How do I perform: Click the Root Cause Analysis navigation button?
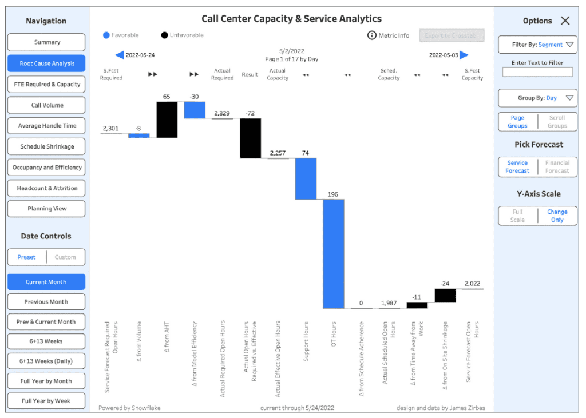click(x=46, y=63)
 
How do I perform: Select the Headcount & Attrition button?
click(x=46, y=188)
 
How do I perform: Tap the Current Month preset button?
click(x=46, y=282)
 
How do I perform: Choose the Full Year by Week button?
click(x=46, y=401)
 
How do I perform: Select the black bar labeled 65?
click(x=167, y=120)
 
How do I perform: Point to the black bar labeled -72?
click(x=250, y=138)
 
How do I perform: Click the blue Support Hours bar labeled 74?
click(x=306, y=178)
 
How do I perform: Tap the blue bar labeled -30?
click(x=195, y=110)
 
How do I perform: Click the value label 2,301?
click(x=111, y=129)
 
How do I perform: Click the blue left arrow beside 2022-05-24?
click(x=120, y=55)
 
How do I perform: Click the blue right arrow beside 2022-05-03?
click(x=464, y=55)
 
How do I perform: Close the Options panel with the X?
click(x=565, y=21)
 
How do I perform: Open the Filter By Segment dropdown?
click(x=537, y=45)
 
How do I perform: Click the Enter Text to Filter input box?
click(x=537, y=72)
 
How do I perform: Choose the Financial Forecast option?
click(x=557, y=167)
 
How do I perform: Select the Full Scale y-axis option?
click(x=517, y=216)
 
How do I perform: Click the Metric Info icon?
click(x=371, y=35)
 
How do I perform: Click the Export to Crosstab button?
click(x=452, y=35)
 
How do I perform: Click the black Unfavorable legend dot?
click(x=165, y=35)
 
